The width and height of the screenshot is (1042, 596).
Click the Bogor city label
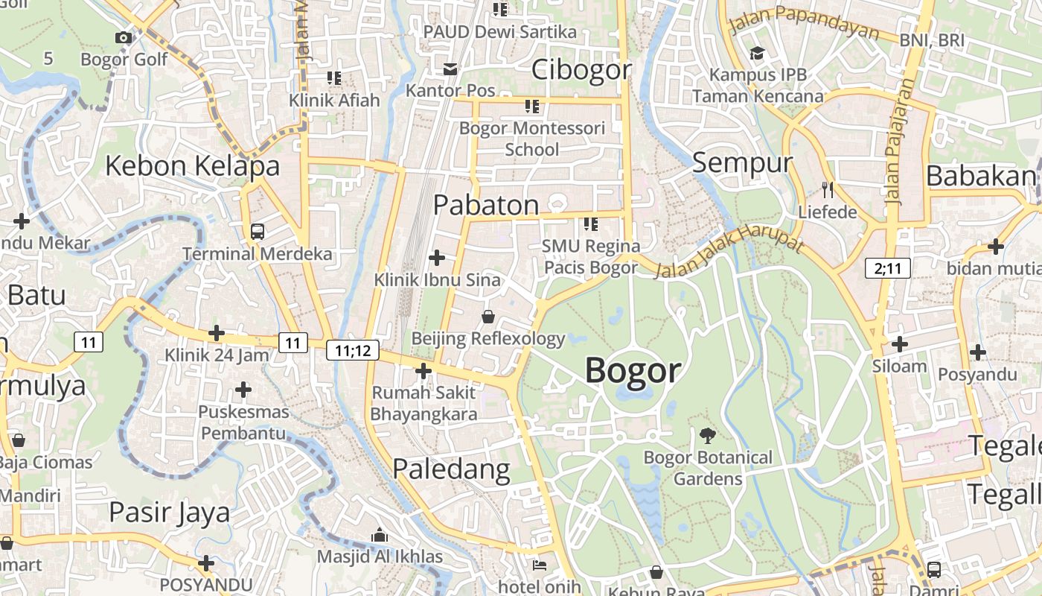(633, 370)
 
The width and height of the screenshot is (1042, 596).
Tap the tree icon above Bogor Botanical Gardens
(708, 436)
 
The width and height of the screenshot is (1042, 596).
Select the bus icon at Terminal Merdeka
(258, 232)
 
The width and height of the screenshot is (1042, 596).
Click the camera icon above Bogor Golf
(124, 37)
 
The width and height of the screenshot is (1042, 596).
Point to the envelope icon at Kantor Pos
(450, 69)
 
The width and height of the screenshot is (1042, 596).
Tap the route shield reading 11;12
(353, 350)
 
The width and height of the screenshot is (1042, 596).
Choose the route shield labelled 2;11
(888, 268)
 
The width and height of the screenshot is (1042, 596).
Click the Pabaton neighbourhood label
(486, 205)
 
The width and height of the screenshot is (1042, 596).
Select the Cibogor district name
(581, 70)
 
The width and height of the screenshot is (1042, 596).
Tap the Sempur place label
(742, 162)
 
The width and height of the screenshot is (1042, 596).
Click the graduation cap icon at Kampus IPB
(757, 54)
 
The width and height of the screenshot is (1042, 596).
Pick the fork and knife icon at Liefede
(827, 189)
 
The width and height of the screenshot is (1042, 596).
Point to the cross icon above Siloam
(899, 344)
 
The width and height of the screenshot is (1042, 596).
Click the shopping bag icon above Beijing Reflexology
(488, 317)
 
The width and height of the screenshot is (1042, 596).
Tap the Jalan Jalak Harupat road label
(729, 256)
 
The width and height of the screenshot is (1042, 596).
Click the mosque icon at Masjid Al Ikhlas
(380, 535)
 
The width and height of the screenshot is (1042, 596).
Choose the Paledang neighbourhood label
(451, 469)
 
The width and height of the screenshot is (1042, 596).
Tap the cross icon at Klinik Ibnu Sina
(437, 258)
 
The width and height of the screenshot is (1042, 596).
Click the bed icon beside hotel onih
(540, 565)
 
